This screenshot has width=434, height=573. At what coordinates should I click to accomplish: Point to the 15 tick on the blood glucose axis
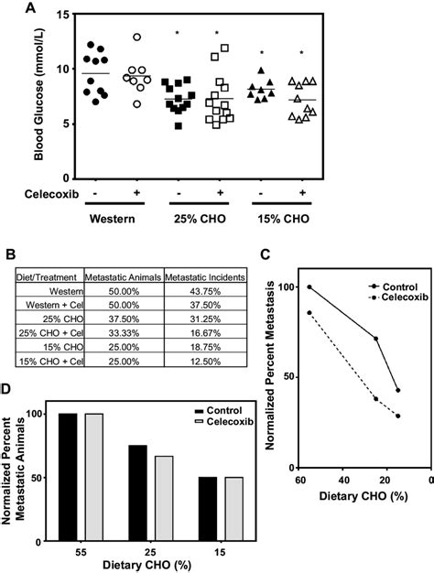coord(62,15)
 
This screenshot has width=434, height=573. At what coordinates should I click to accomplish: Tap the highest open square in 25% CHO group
coord(224,48)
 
